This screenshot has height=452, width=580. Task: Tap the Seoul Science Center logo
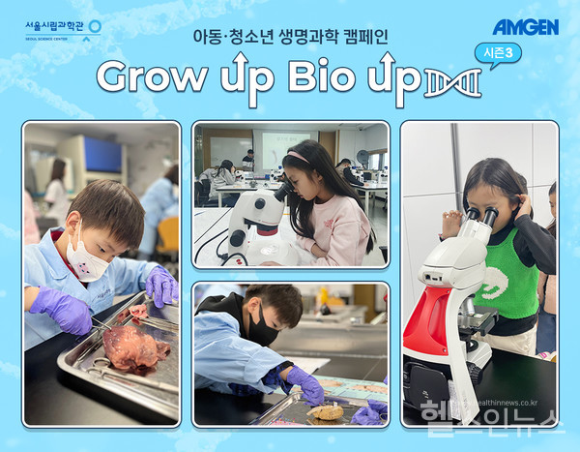click(63, 29)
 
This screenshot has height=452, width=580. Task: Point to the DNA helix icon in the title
click(452, 84)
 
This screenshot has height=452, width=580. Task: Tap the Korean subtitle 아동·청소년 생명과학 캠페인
click(290, 38)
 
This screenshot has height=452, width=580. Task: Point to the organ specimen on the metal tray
click(133, 347)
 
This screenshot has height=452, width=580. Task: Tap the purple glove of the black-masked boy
click(306, 384)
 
